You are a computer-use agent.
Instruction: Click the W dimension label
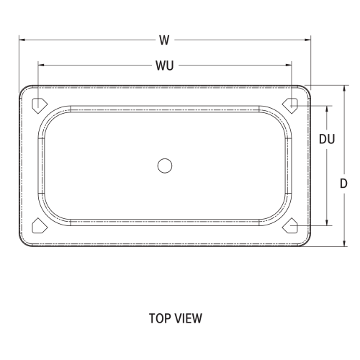(x=165, y=40)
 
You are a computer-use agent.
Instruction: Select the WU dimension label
(x=164, y=66)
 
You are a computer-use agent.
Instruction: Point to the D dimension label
(x=345, y=184)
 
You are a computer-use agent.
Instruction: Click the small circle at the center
(x=165, y=166)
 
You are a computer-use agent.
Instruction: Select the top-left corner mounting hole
(x=39, y=104)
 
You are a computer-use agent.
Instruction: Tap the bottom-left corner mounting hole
(x=39, y=227)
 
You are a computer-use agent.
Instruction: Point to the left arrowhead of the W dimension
(x=22, y=40)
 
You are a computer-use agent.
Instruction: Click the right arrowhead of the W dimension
(x=307, y=40)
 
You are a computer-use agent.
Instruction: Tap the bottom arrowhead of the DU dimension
(x=328, y=223)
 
